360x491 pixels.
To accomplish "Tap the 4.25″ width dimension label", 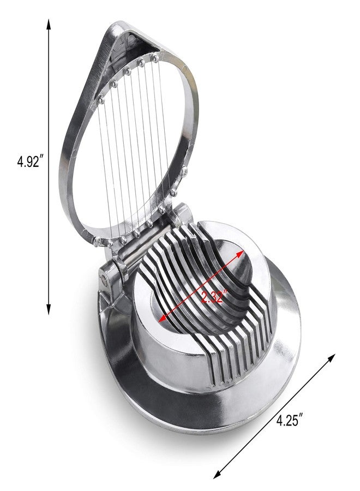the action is click(289, 420).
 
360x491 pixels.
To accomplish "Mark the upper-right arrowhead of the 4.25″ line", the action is click(331, 358).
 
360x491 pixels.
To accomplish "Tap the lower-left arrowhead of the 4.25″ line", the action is click(217, 474).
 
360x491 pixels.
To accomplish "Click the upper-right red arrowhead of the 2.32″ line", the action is click(239, 254).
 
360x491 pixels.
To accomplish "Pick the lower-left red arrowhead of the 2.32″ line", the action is click(163, 318).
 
